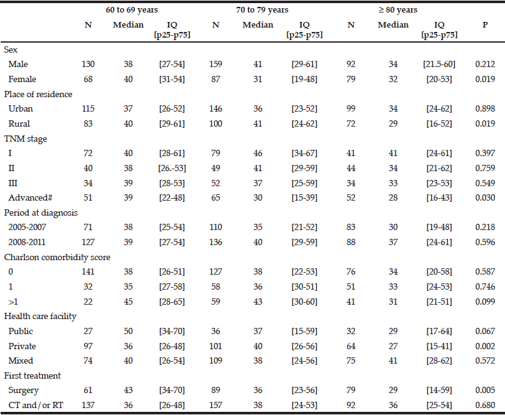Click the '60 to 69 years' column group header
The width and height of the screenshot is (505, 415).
[132, 10]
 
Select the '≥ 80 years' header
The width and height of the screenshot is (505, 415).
[398, 10]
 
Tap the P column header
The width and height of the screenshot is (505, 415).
[485, 25]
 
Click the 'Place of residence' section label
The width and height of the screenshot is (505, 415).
[38, 94]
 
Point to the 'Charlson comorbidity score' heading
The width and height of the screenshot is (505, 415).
[57, 257]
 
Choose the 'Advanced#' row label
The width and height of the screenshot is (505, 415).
[30, 197]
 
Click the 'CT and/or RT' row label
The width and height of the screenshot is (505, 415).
[36, 405]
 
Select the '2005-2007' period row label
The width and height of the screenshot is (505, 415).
[27, 228]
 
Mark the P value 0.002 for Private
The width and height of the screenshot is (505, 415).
[485, 346]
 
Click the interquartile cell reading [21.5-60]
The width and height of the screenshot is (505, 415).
[439, 65]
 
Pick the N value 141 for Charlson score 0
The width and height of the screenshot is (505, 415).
[88, 271]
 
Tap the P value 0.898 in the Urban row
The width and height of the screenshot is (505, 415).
[485, 109]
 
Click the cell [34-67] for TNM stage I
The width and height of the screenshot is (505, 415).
[304, 153]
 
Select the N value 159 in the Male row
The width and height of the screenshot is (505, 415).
[215, 65]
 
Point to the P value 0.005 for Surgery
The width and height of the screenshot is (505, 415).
[485, 390]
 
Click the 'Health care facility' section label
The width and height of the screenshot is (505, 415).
[40, 317]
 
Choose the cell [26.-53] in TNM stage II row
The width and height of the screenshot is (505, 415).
[172, 168]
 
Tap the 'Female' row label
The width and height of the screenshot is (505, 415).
[22, 79]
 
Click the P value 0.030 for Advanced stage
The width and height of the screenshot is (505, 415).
[485, 197]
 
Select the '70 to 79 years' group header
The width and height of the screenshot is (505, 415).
[262, 10]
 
